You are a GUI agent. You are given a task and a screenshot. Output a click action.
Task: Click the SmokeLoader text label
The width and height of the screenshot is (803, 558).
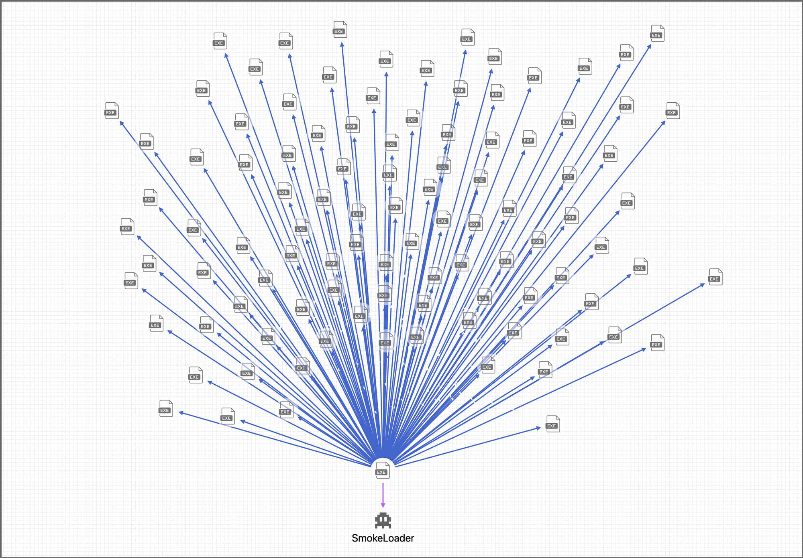[x=383, y=538]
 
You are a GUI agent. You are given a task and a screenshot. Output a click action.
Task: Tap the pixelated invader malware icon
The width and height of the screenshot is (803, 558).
[x=383, y=520]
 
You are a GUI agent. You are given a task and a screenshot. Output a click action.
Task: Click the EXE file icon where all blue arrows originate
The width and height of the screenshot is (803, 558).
[x=383, y=470]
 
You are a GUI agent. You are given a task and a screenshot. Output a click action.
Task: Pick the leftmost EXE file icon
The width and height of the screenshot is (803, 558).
[x=112, y=111]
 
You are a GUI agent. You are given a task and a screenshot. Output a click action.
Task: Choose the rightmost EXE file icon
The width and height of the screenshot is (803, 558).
[x=715, y=277]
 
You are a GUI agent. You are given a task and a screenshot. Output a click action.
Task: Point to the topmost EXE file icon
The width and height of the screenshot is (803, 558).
[x=340, y=30]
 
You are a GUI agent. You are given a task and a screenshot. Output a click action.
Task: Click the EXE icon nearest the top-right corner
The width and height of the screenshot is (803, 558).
[x=657, y=33]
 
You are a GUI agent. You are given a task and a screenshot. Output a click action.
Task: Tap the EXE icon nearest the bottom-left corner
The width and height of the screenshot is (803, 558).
[x=165, y=408]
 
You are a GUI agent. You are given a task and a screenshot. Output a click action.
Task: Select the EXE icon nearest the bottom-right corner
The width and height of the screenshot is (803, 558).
[x=552, y=424]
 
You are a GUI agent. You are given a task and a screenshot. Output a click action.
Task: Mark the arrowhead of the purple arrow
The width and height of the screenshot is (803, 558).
[x=383, y=505]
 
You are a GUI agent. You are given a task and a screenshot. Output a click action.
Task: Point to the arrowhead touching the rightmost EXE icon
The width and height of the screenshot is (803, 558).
[x=703, y=284]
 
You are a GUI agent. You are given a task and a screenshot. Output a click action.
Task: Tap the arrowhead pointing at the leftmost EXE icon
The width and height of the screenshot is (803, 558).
[x=122, y=123]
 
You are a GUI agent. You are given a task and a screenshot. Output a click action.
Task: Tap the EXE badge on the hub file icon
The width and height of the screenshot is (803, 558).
[x=381, y=472]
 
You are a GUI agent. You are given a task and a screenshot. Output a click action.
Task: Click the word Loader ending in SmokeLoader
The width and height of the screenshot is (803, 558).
[x=397, y=538]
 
